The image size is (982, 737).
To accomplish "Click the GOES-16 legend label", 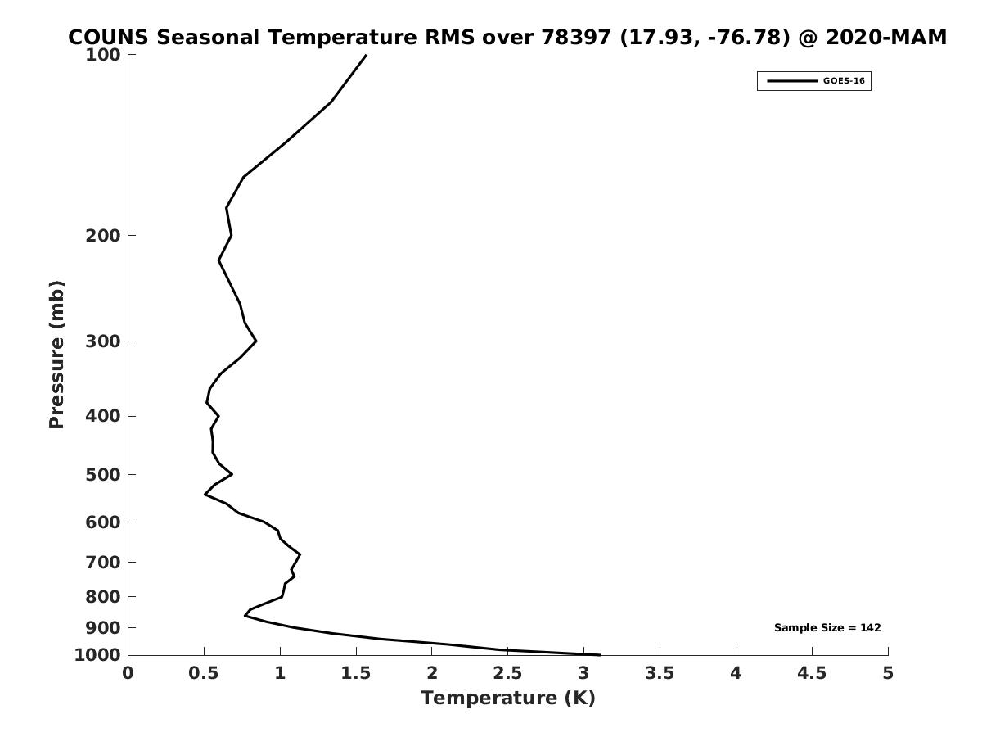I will pyautogui.click(x=843, y=81).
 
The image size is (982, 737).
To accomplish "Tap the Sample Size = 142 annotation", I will pyautogui.click(x=827, y=628).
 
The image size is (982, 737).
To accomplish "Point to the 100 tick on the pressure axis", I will pyautogui.click(x=104, y=55).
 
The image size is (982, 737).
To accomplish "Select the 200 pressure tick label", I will pyautogui.click(x=104, y=236).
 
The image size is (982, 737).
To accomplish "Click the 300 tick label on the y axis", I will pyautogui.click(x=104, y=341).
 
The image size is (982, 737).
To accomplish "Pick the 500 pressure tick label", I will pyautogui.click(x=104, y=475).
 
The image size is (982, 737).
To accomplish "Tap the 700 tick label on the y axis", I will pyautogui.click(x=104, y=563).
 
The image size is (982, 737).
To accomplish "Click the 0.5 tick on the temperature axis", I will pyautogui.click(x=204, y=673).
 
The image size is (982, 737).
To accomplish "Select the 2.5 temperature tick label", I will pyautogui.click(x=507, y=673).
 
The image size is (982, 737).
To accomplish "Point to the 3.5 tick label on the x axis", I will pyautogui.click(x=660, y=673).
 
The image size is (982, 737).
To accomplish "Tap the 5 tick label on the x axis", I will pyautogui.click(x=888, y=673).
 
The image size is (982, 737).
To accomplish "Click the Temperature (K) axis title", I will pyautogui.click(x=507, y=699).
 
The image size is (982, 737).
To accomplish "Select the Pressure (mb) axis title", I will pyautogui.click(x=56, y=355).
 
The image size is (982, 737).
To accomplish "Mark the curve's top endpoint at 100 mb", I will pyautogui.click(x=366, y=55).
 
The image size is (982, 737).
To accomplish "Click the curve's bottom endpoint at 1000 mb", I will pyautogui.click(x=600, y=655).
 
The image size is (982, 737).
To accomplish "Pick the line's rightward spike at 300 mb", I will pyautogui.click(x=256, y=341).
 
